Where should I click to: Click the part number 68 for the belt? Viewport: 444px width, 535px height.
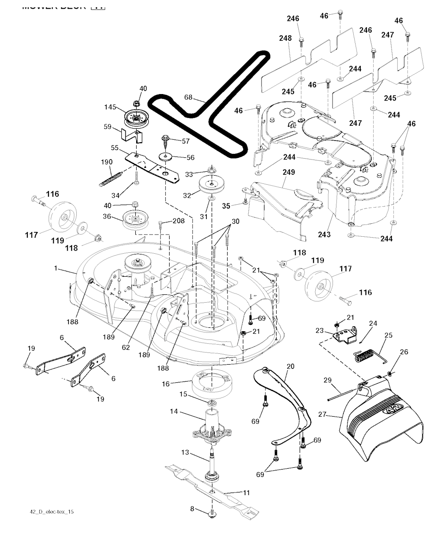[x=188, y=97]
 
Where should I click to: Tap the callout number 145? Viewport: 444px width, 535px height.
[x=110, y=107]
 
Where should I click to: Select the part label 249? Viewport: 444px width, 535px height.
[x=289, y=172]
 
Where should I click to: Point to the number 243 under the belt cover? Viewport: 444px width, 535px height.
[x=324, y=235]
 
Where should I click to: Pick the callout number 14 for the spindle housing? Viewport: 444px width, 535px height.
[x=174, y=411]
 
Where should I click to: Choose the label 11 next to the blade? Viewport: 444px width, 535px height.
[x=246, y=493]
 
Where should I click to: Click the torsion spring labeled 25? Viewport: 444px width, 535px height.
[x=363, y=357]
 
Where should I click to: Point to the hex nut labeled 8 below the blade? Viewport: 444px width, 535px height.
[x=212, y=514]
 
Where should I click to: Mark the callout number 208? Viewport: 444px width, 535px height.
[x=178, y=221]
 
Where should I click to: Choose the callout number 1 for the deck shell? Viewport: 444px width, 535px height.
[x=55, y=268]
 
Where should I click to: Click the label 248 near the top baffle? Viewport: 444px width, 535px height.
[x=285, y=38]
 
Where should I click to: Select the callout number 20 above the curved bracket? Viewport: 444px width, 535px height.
[x=291, y=366]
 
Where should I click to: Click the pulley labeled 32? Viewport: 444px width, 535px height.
[x=210, y=185]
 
